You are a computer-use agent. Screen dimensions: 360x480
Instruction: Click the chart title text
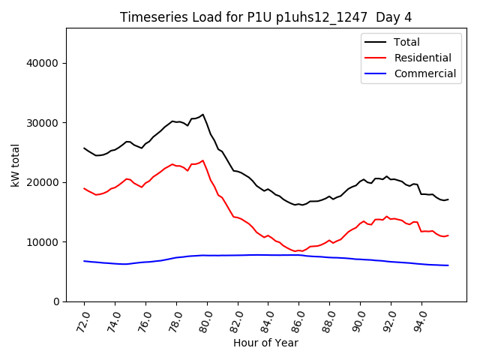[x=266, y=17]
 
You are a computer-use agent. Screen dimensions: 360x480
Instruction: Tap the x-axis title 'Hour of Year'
[x=265, y=343]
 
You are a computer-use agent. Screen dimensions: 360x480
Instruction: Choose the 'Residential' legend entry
[x=422, y=58]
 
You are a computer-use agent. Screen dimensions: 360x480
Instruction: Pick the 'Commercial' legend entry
[x=424, y=73]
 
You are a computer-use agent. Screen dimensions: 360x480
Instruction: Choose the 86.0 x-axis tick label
[x=296, y=319]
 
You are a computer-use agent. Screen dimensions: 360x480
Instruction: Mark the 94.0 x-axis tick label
[x=419, y=319]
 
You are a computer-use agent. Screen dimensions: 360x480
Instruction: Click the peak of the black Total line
[x=202, y=115]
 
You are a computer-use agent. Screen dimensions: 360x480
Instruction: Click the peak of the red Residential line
[x=202, y=160]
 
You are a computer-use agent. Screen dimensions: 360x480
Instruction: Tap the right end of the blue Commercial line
[x=448, y=265]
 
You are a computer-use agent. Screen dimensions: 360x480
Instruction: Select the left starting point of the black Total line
[x=84, y=148]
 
